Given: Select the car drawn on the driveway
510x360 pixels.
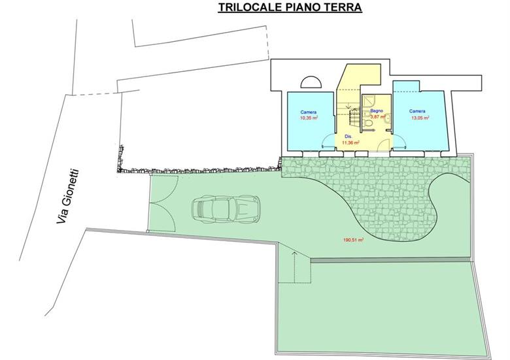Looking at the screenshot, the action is [x=226, y=208].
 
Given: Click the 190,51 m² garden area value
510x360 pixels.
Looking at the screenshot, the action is [x=353, y=240].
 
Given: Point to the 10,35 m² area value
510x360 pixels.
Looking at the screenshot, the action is [x=309, y=118].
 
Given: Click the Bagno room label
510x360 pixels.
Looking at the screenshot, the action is [x=377, y=111].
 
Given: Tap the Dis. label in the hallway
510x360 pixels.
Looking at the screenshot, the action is [x=348, y=137].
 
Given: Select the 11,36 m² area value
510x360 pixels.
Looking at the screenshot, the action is [x=350, y=142].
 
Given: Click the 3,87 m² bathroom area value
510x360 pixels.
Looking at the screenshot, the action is [x=378, y=116].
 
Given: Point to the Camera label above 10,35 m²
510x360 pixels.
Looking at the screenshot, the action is [x=309, y=112].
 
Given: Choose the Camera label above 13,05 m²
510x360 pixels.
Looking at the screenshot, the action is [x=417, y=111].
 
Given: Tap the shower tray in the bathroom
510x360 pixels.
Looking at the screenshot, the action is [x=369, y=101].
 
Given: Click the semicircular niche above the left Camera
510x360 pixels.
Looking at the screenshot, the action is [x=311, y=82].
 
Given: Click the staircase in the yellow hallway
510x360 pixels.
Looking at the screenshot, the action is [x=354, y=117].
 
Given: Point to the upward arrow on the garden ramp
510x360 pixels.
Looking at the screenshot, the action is [x=294, y=267].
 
